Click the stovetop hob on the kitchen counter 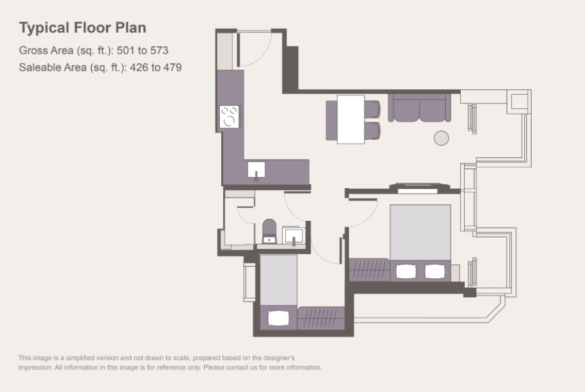pos(229,117)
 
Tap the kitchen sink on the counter pos(256,170)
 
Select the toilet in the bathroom pos(270,231)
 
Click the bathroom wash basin pos(294,235)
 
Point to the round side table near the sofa pos(442,138)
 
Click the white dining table pos(351,119)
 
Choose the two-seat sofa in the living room pos(420,108)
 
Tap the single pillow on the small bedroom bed pos(279,318)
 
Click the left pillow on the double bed pos(406,271)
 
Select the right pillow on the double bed pos(435,271)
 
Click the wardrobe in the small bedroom pos(321,318)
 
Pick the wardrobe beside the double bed pos(370,270)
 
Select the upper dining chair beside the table pos(372,109)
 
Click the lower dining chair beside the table pos(372,130)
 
